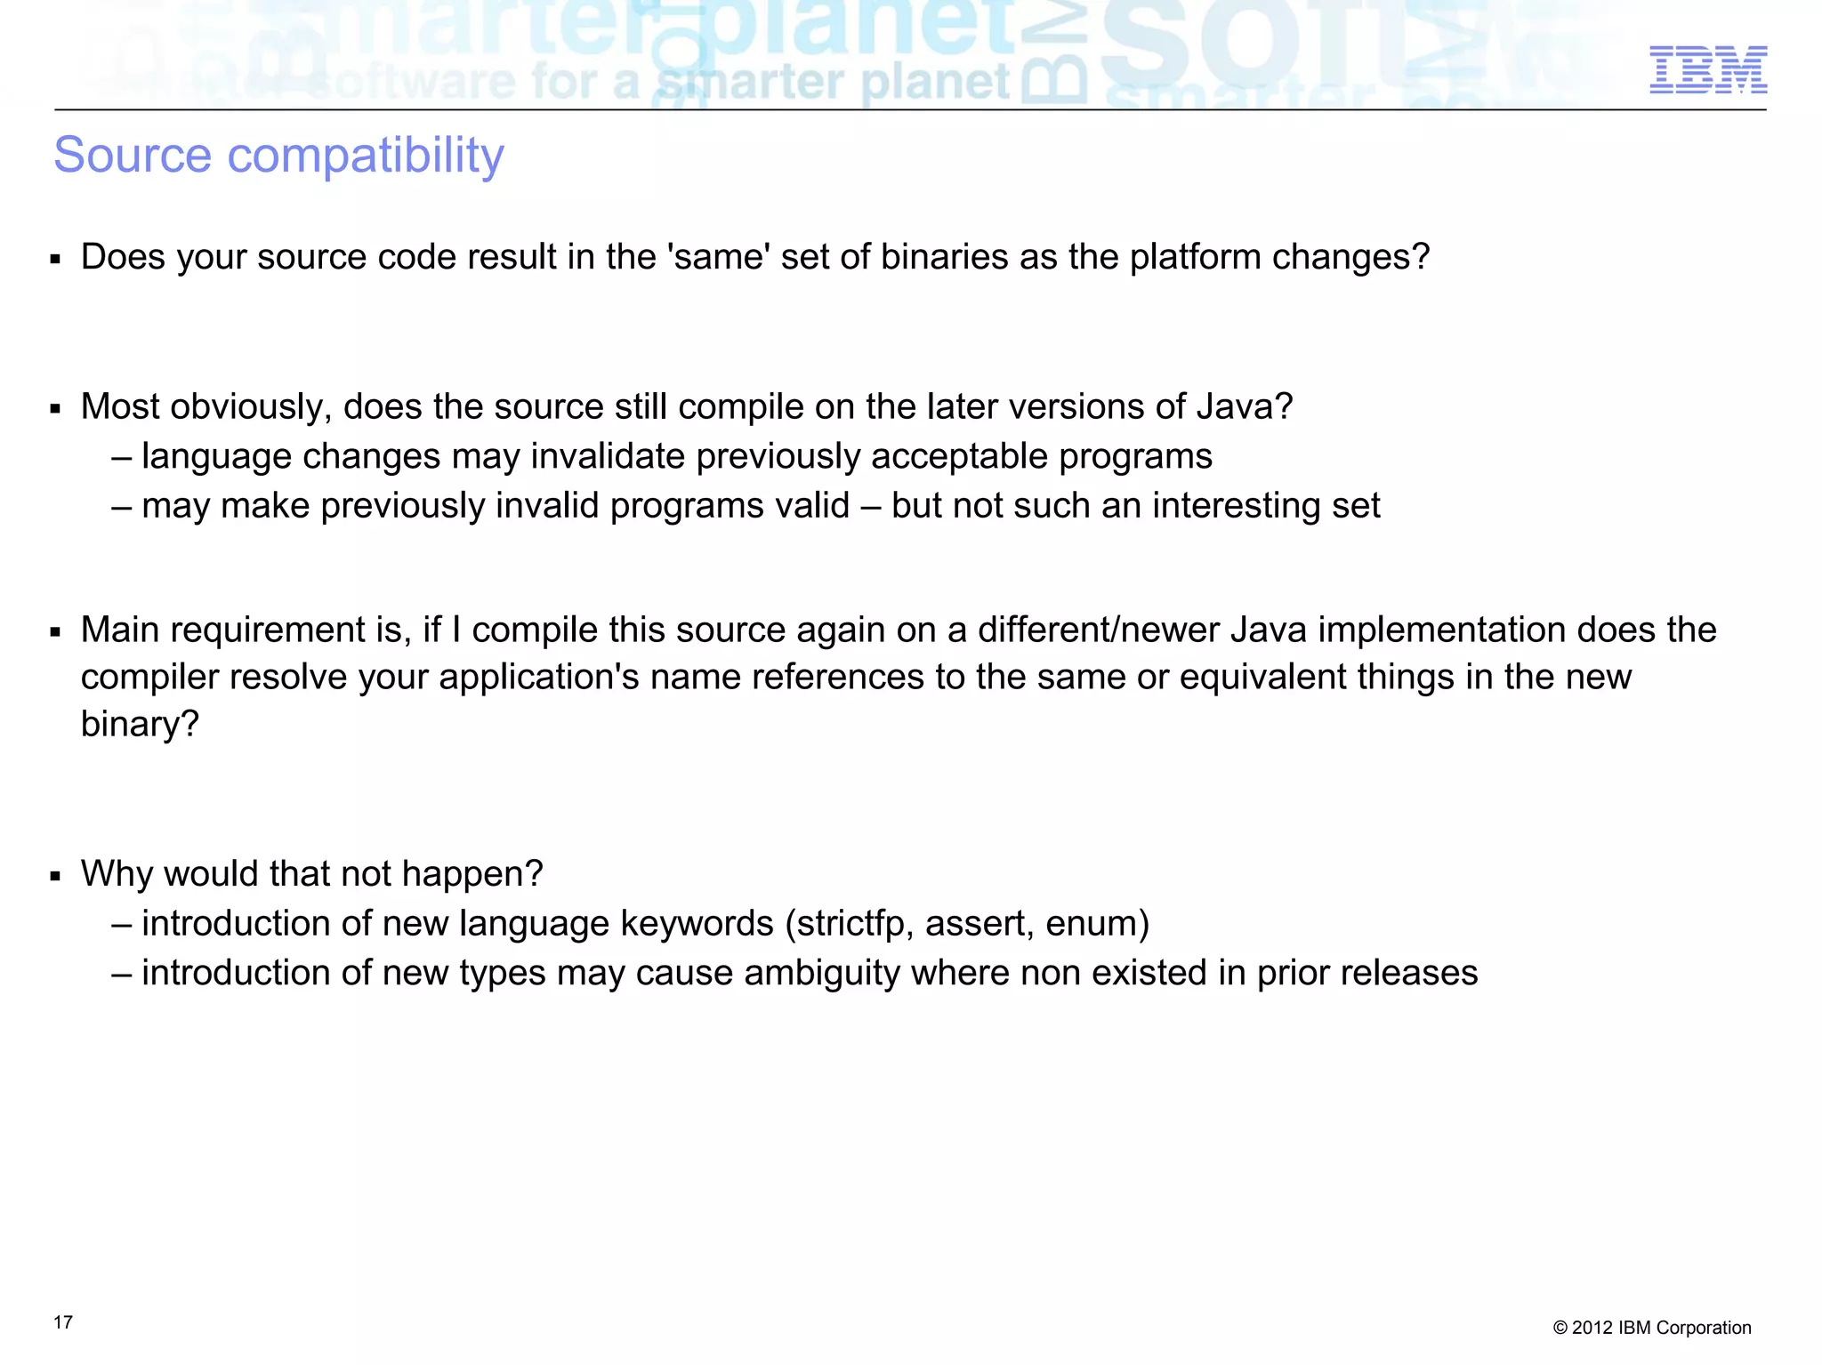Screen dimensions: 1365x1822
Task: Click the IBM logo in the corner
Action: pyautogui.click(x=1708, y=70)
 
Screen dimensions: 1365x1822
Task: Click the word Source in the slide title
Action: pyautogui.click(x=133, y=156)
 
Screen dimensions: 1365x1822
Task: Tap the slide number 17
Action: pyautogui.click(x=63, y=1322)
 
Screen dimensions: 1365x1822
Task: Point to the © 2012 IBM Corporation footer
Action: pyautogui.click(x=1652, y=1328)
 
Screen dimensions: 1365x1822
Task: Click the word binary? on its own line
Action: pyautogui.click(x=140, y=725)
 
